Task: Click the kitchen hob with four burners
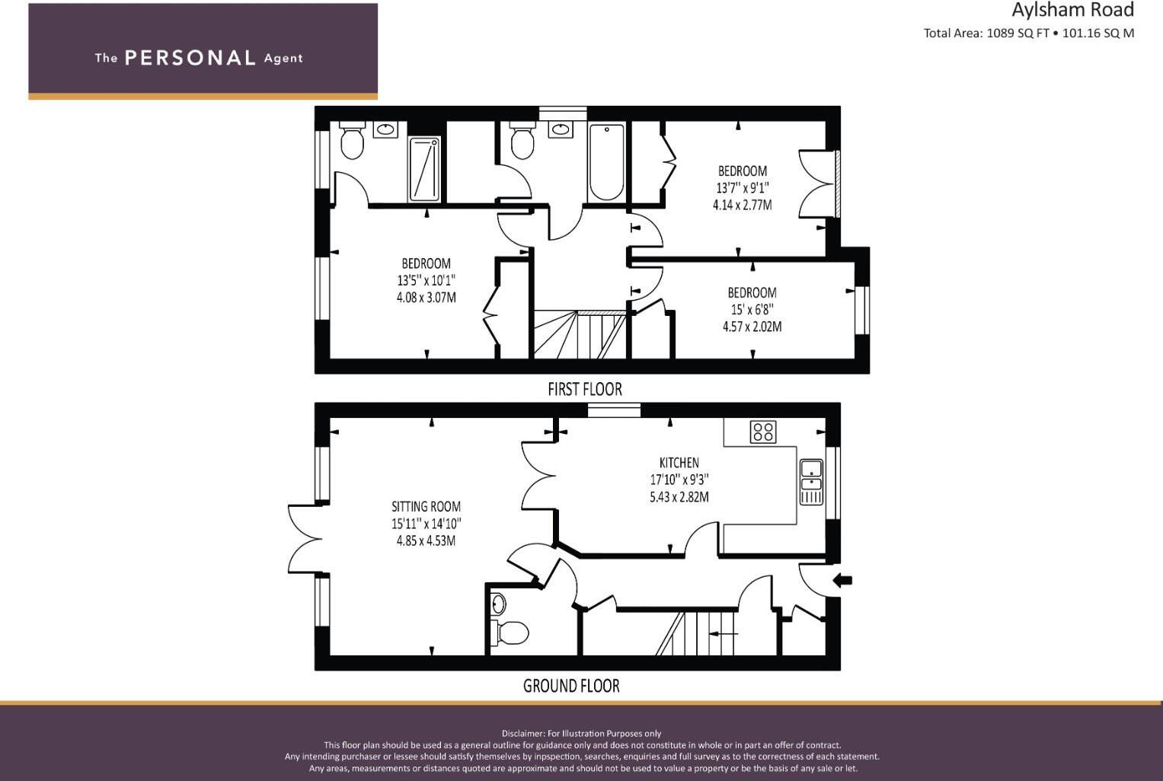(x=762, y=432)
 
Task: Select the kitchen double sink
(x=811, y=482)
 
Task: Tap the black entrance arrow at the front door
(x=842, y=581)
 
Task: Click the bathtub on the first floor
(x=606, y=161)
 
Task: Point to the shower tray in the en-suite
(x=424, y=169)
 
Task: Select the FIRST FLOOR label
(x=584, y=389)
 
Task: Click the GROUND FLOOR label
(x=571, y=686)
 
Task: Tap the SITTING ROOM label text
(x=426, y=506)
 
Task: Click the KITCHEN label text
(x=679, y=462)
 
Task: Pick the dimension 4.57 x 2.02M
(x=752, y=327)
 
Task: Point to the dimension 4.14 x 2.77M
(x=742, y=204)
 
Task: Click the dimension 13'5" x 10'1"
(x=426, y=280)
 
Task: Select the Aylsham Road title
(x=1072, y=10)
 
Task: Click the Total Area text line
(x=1028, y=33)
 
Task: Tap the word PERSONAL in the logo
(x=190, y=58)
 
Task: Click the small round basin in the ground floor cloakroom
(x=498, y=604)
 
